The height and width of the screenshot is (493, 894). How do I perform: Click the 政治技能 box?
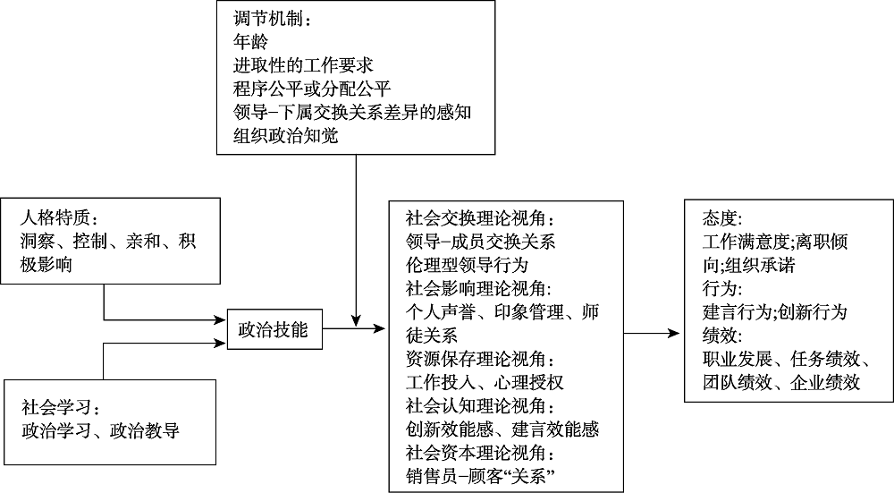click(x=273, y=330)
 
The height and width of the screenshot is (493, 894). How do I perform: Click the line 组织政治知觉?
click(x=284, y=137)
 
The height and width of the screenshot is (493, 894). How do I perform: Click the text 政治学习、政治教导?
click(x=101, y=431)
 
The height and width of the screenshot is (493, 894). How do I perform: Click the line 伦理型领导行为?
click(x=467, y=265)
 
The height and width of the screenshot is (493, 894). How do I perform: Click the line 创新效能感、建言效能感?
click(x=502, y=430)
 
